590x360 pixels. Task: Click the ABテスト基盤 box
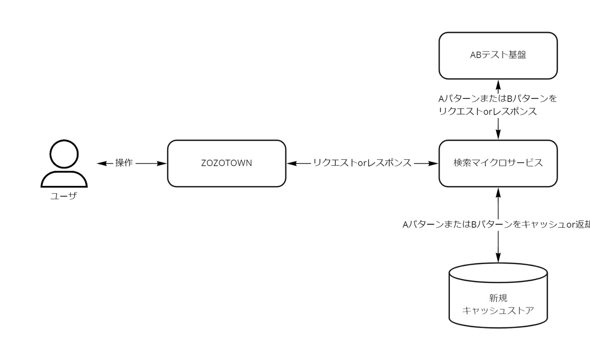[498, 55]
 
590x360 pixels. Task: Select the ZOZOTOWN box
[226, 163]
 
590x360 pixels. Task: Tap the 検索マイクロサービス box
[498, 163]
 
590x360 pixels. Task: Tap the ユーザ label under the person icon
[64, 197]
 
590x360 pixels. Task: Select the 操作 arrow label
[123, 163]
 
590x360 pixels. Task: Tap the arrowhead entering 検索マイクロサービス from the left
[434, 163]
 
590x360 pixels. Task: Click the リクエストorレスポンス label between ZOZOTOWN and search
[362, 163]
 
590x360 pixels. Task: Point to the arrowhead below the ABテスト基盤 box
[498, 84]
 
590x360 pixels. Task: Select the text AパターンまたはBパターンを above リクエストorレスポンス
[498, 98]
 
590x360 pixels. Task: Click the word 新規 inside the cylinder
[498, 298]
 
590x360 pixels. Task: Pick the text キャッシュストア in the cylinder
[498, 311]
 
